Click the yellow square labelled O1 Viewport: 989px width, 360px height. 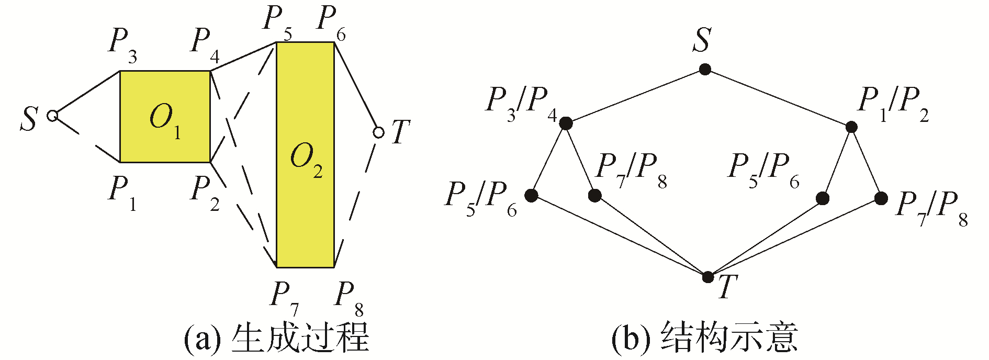click(x=165, y=116)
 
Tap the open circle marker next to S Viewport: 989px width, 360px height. click(x=52, y=116)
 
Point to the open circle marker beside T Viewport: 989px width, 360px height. click(x=378, y=132)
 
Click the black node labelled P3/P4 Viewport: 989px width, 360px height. click(x=566, y=123)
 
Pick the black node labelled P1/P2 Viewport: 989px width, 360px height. click(x=851, y=127)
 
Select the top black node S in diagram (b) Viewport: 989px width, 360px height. click(x=705, y=69)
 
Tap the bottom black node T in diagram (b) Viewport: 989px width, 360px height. click(x=708, y=277)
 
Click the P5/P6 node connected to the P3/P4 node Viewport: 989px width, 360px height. click(x=532, y=196)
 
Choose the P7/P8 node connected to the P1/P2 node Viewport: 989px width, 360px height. click(x=881, y=198)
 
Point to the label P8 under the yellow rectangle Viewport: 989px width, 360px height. click(x=349, y=297)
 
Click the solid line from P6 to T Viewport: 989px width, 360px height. click(x=356, y=86)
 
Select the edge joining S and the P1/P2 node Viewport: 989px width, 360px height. click(x=778, y=98)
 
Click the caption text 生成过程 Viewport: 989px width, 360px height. click(x=300, y=337)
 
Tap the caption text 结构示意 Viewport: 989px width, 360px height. click(x=729, y=337)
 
